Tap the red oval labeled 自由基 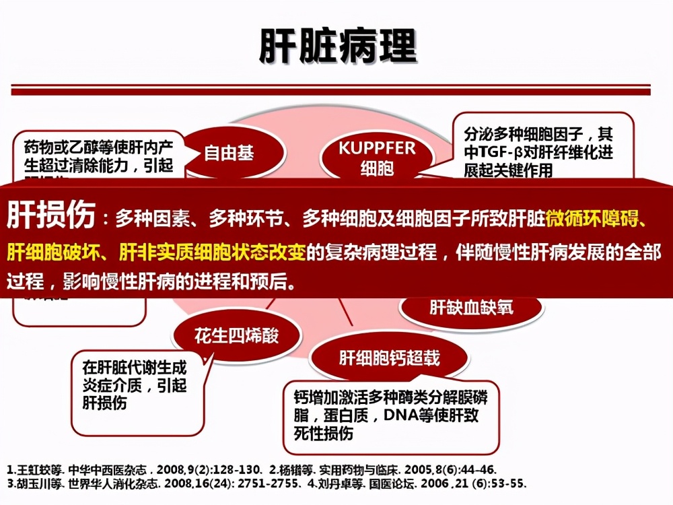pos(229,154)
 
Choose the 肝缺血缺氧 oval pos(470,307)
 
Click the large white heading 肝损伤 pos(51,215)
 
